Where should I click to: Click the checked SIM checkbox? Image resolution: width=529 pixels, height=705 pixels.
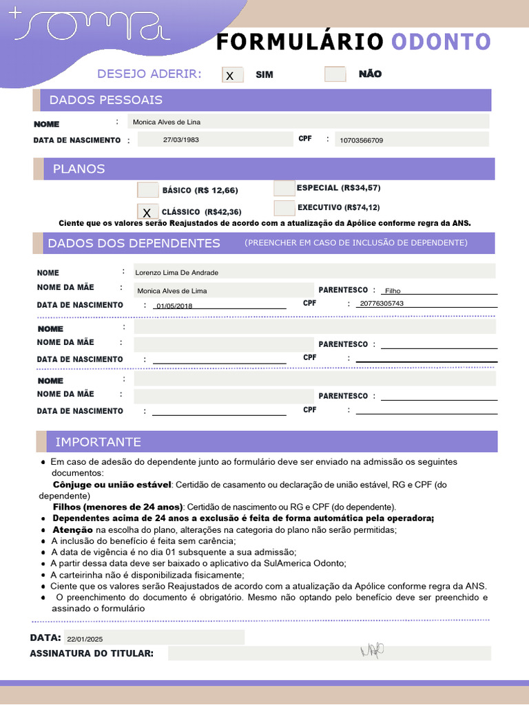tap(232, 75)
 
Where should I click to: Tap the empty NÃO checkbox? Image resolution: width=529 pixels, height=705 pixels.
tap(335, 74)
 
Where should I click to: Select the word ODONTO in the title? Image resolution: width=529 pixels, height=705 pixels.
tap(441, 42)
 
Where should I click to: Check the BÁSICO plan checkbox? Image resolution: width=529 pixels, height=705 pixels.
tap(147, 190)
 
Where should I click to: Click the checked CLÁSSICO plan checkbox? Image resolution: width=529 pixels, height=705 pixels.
tap(147, 212)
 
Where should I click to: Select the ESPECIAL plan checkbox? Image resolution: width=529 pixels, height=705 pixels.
tap(284, 188)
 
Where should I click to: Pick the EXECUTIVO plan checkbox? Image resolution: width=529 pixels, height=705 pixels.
tap(284, 207)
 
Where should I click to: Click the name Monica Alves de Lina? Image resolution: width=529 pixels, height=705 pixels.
tap(167, 122)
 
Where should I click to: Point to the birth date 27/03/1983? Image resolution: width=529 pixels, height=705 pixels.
tap(181, 140)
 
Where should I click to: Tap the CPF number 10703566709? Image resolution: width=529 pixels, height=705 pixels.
tap(362, 140)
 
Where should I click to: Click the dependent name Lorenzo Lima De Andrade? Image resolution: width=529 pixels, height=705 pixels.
tap(176, 273)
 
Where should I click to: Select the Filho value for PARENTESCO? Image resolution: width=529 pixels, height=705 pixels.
tap(393, 291)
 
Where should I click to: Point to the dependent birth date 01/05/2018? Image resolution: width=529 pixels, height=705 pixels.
tap(175, 306)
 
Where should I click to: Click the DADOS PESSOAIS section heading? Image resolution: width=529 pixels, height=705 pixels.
tap(105, 100)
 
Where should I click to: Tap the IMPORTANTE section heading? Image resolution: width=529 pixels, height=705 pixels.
tap(98, 442)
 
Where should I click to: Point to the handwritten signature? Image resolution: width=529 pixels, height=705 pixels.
tap(372, 650)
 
